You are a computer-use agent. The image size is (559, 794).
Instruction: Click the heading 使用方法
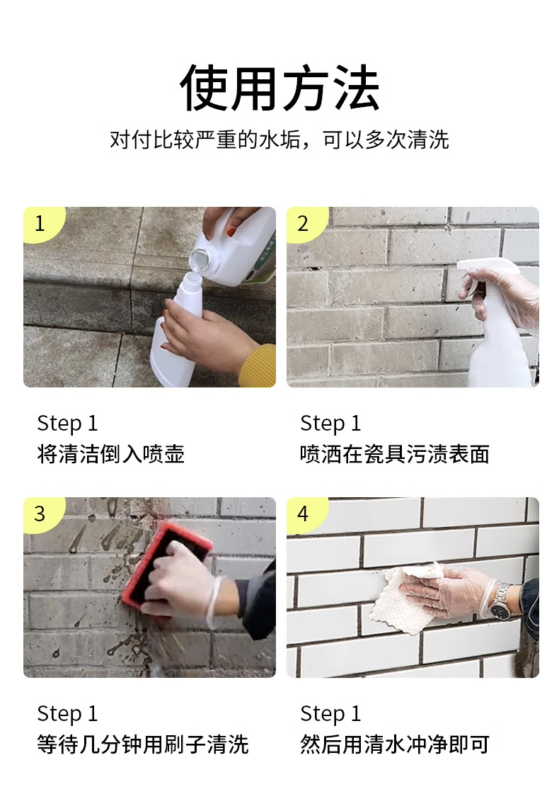(279, 88)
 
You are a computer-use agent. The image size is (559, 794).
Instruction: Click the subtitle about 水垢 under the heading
(279, 140)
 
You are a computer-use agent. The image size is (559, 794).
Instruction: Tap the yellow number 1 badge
(42, 223)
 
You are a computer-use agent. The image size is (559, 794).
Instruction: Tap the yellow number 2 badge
(306, 223)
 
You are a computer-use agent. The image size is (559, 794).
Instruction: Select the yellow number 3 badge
(42, 514)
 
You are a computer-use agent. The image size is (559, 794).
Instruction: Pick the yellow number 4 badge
(306, 514)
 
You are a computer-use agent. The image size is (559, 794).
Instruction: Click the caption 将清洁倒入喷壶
(111, 454)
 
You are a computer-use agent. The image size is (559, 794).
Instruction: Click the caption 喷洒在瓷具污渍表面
(395, 454)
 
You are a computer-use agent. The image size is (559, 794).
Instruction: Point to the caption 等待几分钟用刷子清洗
(143, 744)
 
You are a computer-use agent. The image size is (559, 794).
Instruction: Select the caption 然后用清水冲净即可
(395, 744)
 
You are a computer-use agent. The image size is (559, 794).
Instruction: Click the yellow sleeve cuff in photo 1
(259, 365)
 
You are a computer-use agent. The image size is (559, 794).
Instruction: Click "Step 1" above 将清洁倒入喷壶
(67, 424)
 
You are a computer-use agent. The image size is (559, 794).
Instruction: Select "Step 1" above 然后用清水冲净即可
(330, 714)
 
